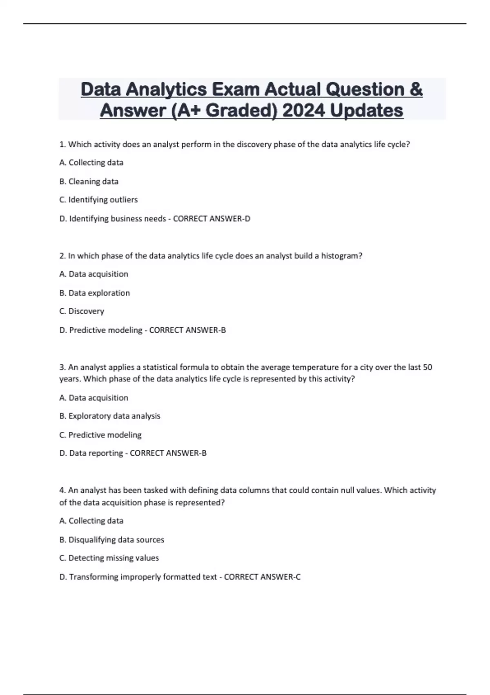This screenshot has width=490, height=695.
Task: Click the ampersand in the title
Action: pos(415,90)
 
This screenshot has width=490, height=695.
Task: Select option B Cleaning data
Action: pos(89,181)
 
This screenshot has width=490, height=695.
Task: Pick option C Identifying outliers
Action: pos(98,200)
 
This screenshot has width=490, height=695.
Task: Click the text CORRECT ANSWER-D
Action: pos(212,219)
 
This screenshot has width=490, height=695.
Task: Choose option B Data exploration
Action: pos(95,293)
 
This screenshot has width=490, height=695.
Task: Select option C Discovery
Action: pos(82,311)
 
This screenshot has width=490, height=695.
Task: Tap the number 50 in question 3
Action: pos(427,367)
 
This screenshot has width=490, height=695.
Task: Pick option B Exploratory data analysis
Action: pos(110,416)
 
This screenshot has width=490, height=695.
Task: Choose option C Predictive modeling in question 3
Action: pos(100,435)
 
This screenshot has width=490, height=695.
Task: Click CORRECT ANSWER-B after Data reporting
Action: pos(168,453)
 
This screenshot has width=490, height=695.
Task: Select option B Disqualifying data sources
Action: pos(112,540)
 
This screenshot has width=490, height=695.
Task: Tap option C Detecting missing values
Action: pos(109,558)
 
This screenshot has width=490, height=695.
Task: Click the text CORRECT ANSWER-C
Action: pos(262,577)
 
